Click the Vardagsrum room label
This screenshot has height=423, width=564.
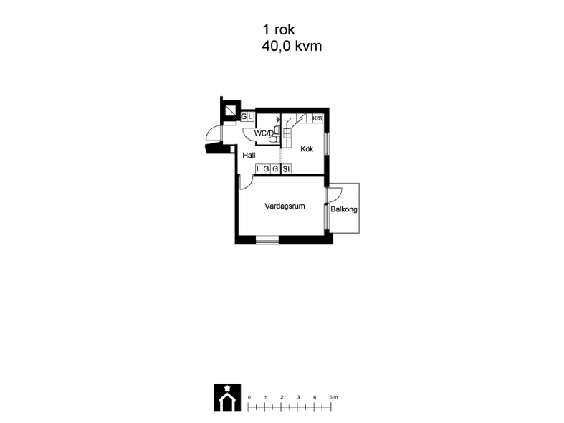point(285,206)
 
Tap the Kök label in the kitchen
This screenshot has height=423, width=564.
point(307,148)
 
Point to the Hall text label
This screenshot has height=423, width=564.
point(249,156)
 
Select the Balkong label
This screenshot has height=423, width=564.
point(344,209)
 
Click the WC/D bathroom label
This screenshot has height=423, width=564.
point(264,133)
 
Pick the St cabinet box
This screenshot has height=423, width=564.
point(287,169)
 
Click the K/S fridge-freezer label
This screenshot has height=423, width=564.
point(317,118)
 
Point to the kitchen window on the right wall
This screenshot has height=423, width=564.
point(327,144)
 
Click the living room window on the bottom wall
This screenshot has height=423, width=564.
point(267,240)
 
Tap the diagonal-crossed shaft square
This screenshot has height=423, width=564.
point(229,110)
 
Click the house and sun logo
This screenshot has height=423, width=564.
point(227,397)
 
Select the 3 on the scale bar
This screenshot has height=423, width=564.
point(298,397)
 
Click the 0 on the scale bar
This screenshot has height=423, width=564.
point(249,397)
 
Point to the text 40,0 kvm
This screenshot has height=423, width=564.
point(292,47)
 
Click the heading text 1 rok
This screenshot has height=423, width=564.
point(279,29)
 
